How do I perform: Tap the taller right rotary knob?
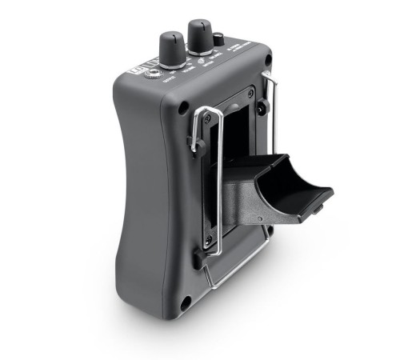point(199,36)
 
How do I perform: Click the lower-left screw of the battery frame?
point(210,239)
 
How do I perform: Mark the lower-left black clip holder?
point(198,258)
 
